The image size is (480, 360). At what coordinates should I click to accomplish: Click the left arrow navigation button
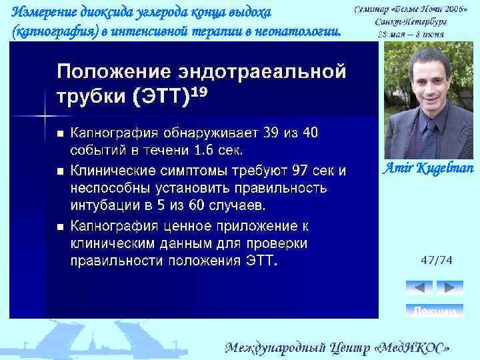[419, 288]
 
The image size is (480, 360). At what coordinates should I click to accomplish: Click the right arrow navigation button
[450, 288]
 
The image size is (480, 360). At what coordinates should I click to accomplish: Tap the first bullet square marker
[59, 133]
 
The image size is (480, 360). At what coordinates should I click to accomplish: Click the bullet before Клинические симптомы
[59, 172]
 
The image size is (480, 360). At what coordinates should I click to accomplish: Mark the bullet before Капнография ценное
[59, 227]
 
